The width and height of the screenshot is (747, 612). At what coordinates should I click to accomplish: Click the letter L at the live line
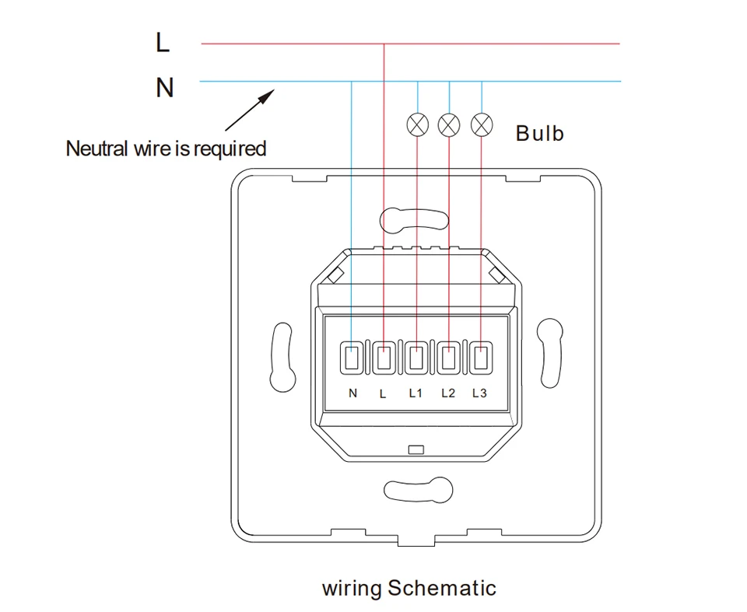(163, 43)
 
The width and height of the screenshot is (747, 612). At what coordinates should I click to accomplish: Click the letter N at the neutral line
(164, 88)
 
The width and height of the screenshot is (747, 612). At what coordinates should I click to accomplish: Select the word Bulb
(539, 134)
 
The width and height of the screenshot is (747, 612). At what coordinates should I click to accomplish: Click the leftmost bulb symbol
(418, 124)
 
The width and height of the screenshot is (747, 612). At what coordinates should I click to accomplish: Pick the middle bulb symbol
(449, 124)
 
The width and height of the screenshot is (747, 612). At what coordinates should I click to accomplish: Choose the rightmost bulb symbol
(482, 124)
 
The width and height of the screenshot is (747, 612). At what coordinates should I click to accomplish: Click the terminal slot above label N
(352, 358)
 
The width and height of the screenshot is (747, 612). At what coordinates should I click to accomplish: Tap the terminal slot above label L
(384, 358)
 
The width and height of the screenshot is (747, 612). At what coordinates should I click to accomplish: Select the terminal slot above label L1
(416, 358)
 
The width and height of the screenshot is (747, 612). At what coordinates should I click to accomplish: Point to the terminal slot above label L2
(448, 358)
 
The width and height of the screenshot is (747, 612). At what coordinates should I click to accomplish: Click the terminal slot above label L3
(481, 358)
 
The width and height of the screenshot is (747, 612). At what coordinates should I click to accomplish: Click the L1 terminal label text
(416, 393)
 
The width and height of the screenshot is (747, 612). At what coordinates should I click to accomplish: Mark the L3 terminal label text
(479, 393)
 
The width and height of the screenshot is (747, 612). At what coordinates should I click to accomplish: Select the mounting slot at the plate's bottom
(418, 490)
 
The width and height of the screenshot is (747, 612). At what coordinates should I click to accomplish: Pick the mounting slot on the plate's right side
(551, 355)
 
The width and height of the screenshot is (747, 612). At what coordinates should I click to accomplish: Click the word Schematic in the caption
(441, 588)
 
